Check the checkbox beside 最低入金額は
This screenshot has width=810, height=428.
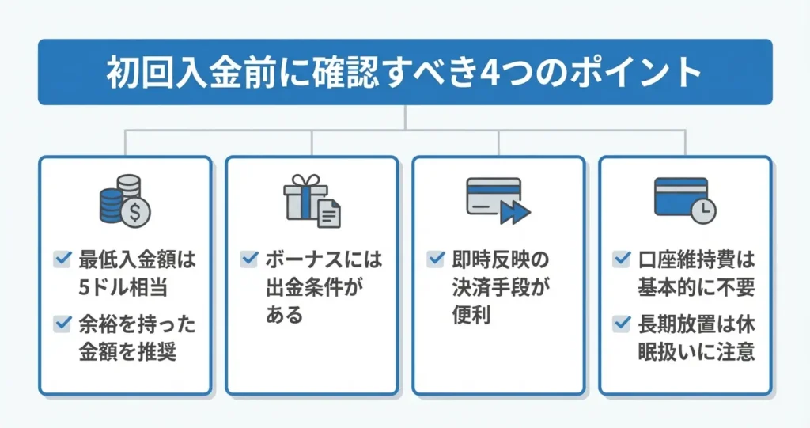pyautogui.click(x=62, y=258)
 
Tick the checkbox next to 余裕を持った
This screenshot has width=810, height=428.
pyautogui.click(x=62, y=323)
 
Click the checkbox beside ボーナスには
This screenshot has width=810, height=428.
pyautogui.click(x=248, y=258)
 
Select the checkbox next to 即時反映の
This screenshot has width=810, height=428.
pyautogui.click(x=435, y=258)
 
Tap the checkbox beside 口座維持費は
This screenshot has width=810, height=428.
pyautogui.click(x=622, y=258)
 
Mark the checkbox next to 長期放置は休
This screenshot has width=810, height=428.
pyautogui.click(x=622, y=323)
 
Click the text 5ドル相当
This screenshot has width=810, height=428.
pyautogui.click(x=123, y=286)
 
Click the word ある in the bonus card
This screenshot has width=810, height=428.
pyautogui.click(x=284, y=315)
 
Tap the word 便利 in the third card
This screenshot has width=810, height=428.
pyautogui.click(x=471, y=315)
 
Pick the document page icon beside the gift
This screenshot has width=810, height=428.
pyautogui.click(x=329, y=213)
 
